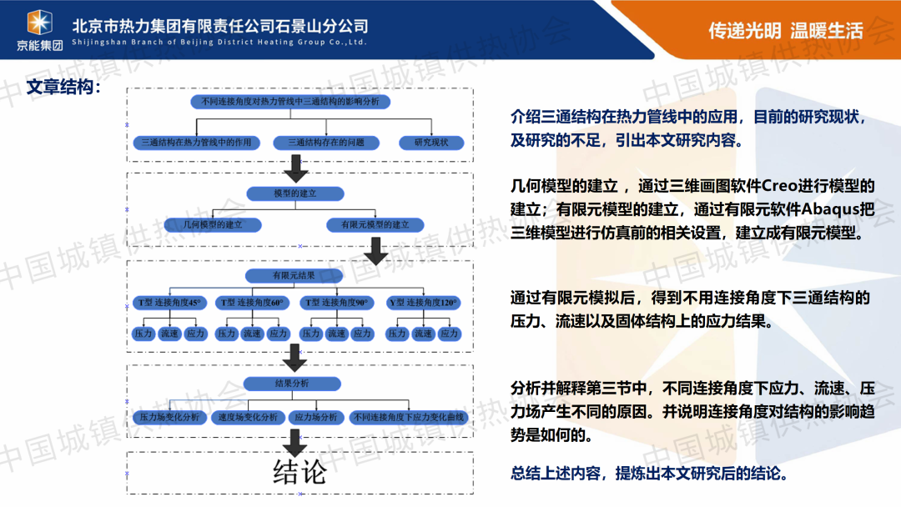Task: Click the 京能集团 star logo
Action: (39, 22)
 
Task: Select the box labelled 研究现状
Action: (431, 142)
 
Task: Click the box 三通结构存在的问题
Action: (326, 142)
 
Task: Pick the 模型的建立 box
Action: (295, 193)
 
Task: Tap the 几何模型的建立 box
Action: (214, 224)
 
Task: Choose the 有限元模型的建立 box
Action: (375, 224)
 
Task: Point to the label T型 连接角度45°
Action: (169, 302)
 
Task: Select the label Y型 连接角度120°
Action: (423, 302)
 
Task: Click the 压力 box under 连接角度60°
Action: (227, 334)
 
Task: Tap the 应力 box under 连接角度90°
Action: (362, 334)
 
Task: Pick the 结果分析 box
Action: (292, 384)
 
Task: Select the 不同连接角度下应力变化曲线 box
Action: (409, 417)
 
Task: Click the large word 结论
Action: (299, 472)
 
